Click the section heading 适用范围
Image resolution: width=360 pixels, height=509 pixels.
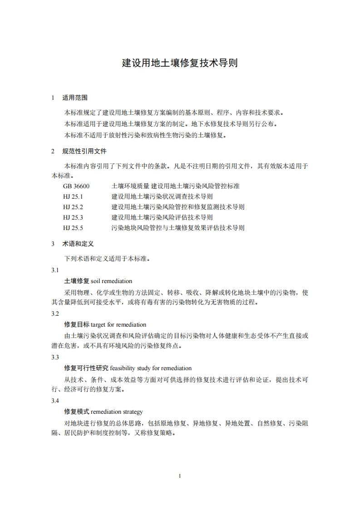point(75,98)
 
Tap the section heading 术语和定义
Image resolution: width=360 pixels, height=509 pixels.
point(78,244)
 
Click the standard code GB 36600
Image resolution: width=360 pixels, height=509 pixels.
point(77,186)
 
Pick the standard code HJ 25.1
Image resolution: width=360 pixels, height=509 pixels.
point(73,196)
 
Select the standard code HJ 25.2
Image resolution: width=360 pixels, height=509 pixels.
point(73,207)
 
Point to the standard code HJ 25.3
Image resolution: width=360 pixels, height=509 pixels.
point(73,217)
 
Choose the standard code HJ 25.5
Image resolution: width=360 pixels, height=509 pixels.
point(73,228)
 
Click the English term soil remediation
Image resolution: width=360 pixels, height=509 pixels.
point(111,281)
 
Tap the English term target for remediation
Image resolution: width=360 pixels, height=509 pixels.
point(118,325)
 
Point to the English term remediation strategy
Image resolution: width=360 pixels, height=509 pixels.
point(117,412)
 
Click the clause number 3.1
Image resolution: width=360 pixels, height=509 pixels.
point(55,270)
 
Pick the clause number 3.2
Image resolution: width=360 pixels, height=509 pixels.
point(55,314)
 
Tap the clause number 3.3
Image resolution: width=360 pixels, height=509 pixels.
point(55,357)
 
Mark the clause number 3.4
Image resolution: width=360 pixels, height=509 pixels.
point(55,401)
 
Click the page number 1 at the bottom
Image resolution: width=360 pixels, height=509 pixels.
point(180,476)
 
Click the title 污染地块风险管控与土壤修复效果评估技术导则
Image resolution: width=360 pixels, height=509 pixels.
point(178,228)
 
